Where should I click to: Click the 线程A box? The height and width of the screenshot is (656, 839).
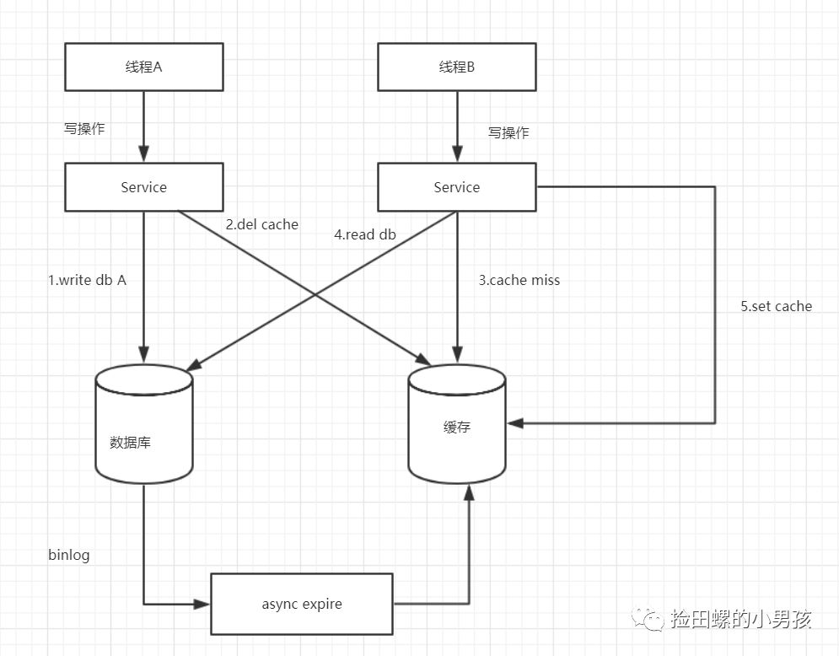click(x=143, y=67)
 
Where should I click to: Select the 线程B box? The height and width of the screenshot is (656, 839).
click(x=456, y=67)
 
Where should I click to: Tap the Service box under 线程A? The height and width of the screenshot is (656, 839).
click(x=143, y=187)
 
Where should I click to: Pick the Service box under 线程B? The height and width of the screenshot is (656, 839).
click(x=456, y=187)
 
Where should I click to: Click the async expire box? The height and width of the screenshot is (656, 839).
click(x=301, y=604)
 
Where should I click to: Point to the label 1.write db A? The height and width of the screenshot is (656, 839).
click(x=87, y=281)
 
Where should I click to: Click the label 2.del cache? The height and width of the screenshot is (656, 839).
click(x=261, y=224)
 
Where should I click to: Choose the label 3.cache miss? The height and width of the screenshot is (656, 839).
click(x=519, y=281)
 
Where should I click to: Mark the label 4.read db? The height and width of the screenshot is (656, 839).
click(x=365, y=235)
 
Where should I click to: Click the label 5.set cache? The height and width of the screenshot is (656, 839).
click(x=776, y=306)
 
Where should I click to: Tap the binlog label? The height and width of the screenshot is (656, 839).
click(x=68, y=556)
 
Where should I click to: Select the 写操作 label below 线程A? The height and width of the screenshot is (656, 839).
click(x=84, y=129)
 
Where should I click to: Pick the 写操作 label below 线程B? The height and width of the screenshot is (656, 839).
click(x=508, y=133)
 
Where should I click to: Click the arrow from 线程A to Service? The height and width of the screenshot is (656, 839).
click(x=143, y=126)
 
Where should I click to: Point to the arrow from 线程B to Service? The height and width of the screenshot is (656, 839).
click(x=456, y=126)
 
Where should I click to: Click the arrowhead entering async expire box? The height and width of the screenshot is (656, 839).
click(x=202, y=604)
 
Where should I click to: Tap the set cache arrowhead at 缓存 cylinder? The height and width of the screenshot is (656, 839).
click(x=514, y=423)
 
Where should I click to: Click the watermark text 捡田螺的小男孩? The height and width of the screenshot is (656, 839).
click(x=740, y=620)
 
